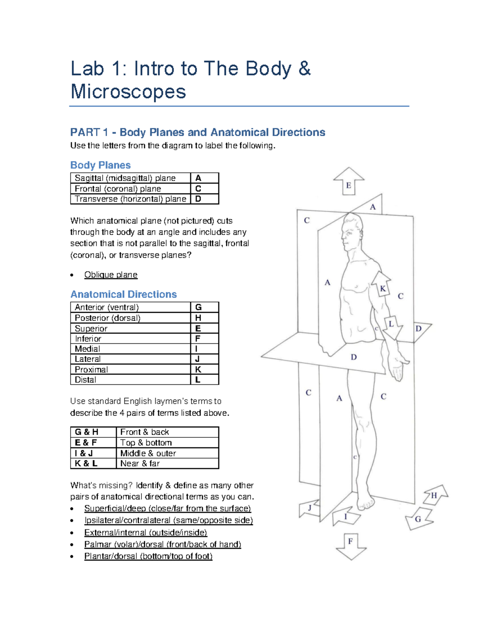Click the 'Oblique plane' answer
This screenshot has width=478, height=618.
(111, 275)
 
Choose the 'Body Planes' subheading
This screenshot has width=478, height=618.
(100, 165)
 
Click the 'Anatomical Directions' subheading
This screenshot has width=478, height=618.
(123, 294)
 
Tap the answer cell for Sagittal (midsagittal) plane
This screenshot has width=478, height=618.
(204, 178)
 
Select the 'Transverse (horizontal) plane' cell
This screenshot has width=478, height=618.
(130, 199)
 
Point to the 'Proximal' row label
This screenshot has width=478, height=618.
(91, 369)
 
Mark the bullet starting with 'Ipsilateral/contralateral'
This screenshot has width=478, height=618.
(168, 520)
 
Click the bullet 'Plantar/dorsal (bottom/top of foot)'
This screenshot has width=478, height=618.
(148, 556)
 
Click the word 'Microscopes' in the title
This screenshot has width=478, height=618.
(128, 92)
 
